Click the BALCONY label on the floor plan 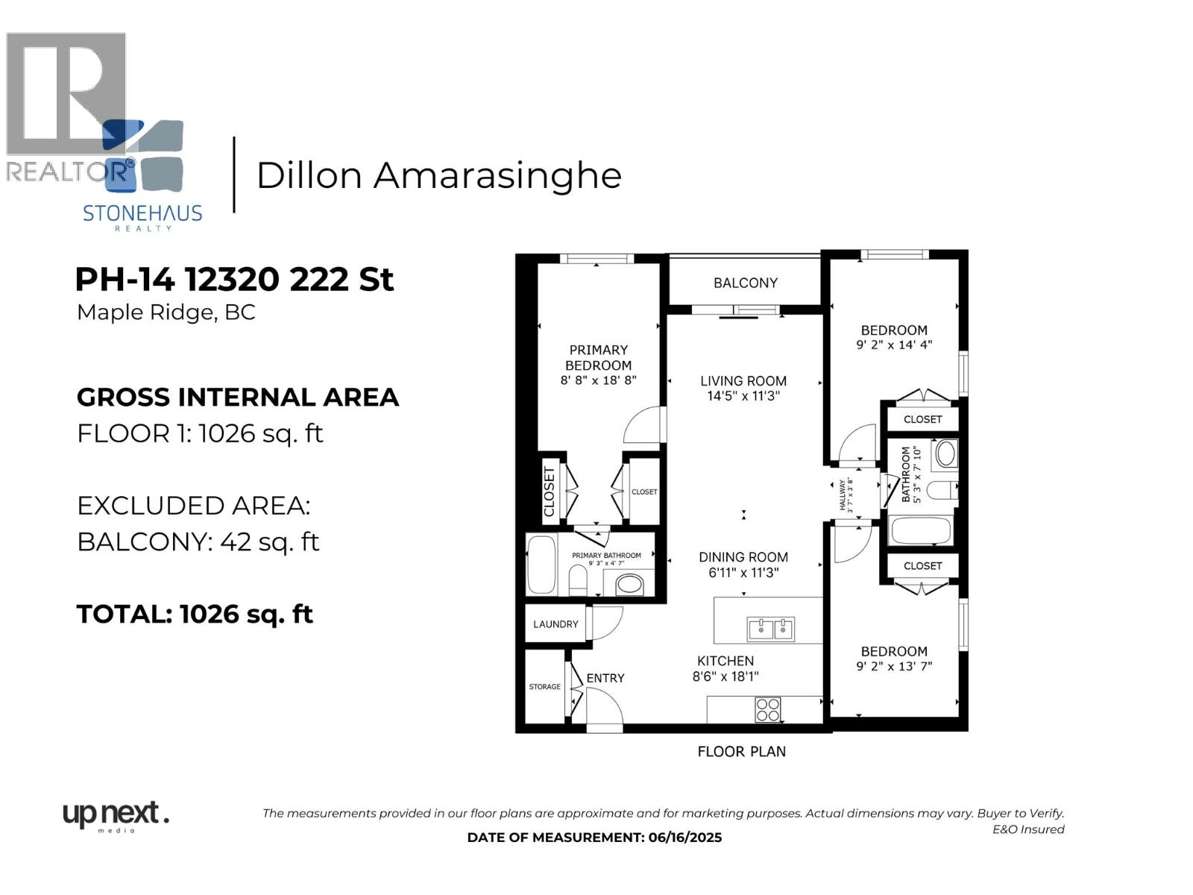[745, 283]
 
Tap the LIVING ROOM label [743, 381]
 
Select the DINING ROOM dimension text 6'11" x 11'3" [743, 573]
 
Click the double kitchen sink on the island [771, 629]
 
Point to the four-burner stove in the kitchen [767, 709]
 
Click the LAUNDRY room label [555, 624]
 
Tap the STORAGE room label [544, 687]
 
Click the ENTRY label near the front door [605, 678]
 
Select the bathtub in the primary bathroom [542, 565]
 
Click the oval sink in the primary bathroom [630, 584]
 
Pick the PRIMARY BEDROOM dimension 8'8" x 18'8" [598, 380]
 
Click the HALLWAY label [843, 495]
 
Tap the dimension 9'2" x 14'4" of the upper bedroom [894, 345]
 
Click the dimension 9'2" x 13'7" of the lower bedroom [894, 667]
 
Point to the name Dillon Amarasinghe [438, 176]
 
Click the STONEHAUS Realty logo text [142, 214]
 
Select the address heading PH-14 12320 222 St [234, 280]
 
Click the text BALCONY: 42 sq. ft [198, 541]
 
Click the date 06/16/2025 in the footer [684, 838]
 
